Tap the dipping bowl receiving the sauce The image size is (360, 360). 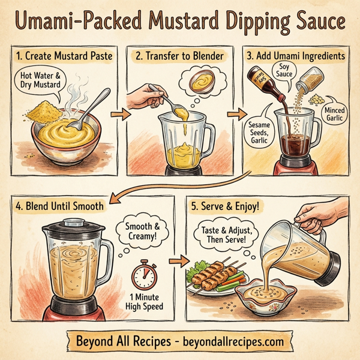point(267,295)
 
